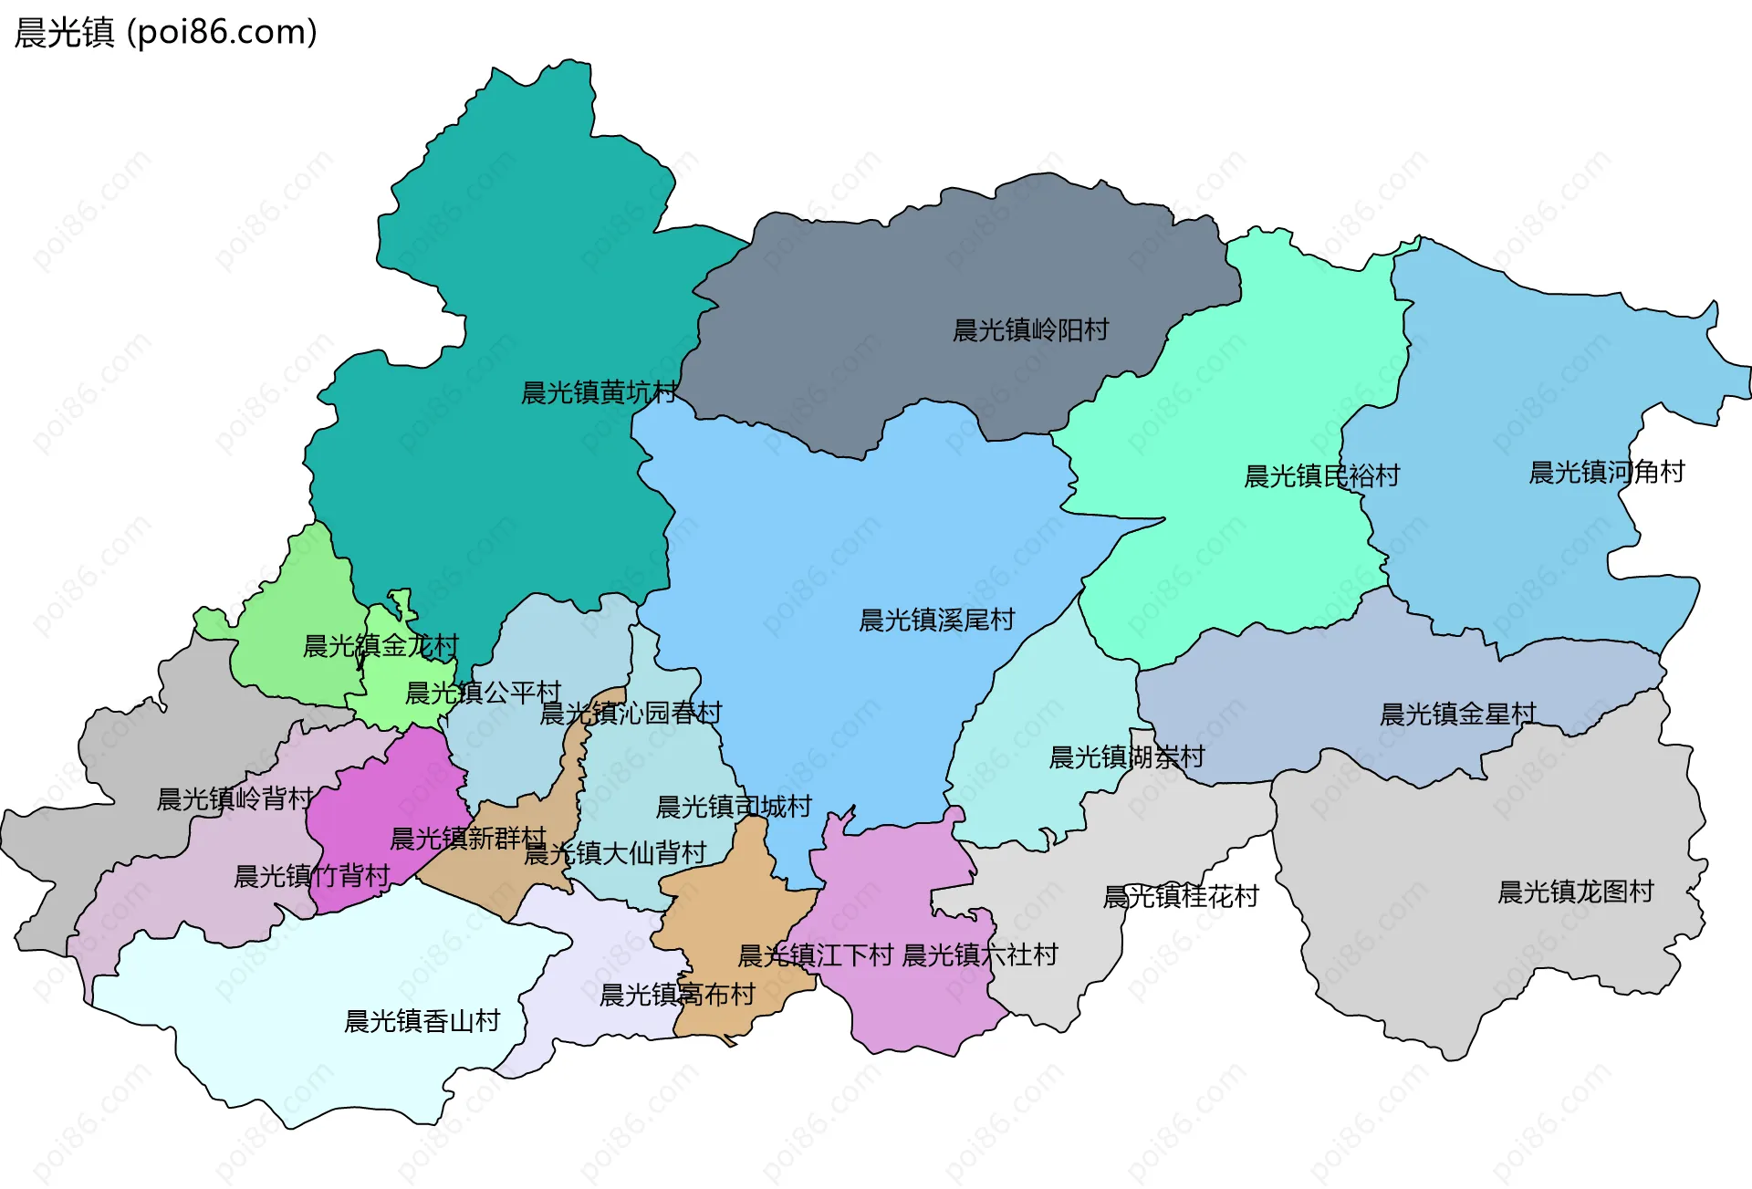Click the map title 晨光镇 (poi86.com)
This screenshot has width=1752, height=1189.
[166, 32]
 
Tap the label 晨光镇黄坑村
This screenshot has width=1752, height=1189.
[599, 393]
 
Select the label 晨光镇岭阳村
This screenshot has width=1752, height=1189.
[1030, 330]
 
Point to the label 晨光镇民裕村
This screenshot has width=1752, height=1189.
[1321, 476]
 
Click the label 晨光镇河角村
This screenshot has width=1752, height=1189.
[1606, 473]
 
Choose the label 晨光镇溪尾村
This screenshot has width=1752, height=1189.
[936, 621]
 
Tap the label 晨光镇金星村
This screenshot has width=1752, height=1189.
[1457, 714]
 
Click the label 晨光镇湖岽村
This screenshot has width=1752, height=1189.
[1126, 757]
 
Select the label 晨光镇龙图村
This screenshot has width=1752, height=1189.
[1575, 892]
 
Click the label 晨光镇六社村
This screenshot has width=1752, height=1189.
[979, 955]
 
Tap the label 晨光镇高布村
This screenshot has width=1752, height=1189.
[677, 995]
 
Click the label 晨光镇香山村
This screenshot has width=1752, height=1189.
[422, 1021]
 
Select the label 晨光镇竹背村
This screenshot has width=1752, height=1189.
[312, 877]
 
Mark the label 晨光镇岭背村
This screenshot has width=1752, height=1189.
[235, 799]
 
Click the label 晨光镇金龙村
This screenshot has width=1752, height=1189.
[381, 646]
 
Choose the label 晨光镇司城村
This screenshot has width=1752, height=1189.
[734, 807]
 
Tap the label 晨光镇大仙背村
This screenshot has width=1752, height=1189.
[615, 853]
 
